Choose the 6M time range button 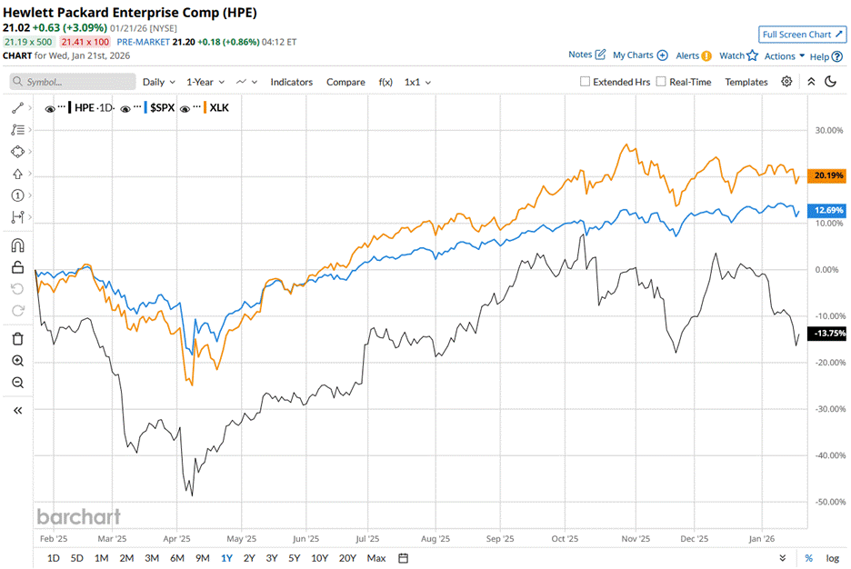coord(177,557)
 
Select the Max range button coord(376,557)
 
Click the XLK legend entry coord(219,107)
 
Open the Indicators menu coord(291,82)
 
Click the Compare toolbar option coord(345,82)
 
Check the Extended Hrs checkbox coord(586,82)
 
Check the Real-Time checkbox coord(661,82)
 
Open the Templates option coord(746,82)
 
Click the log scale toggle coord(832,557)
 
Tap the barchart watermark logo coord(78,516)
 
